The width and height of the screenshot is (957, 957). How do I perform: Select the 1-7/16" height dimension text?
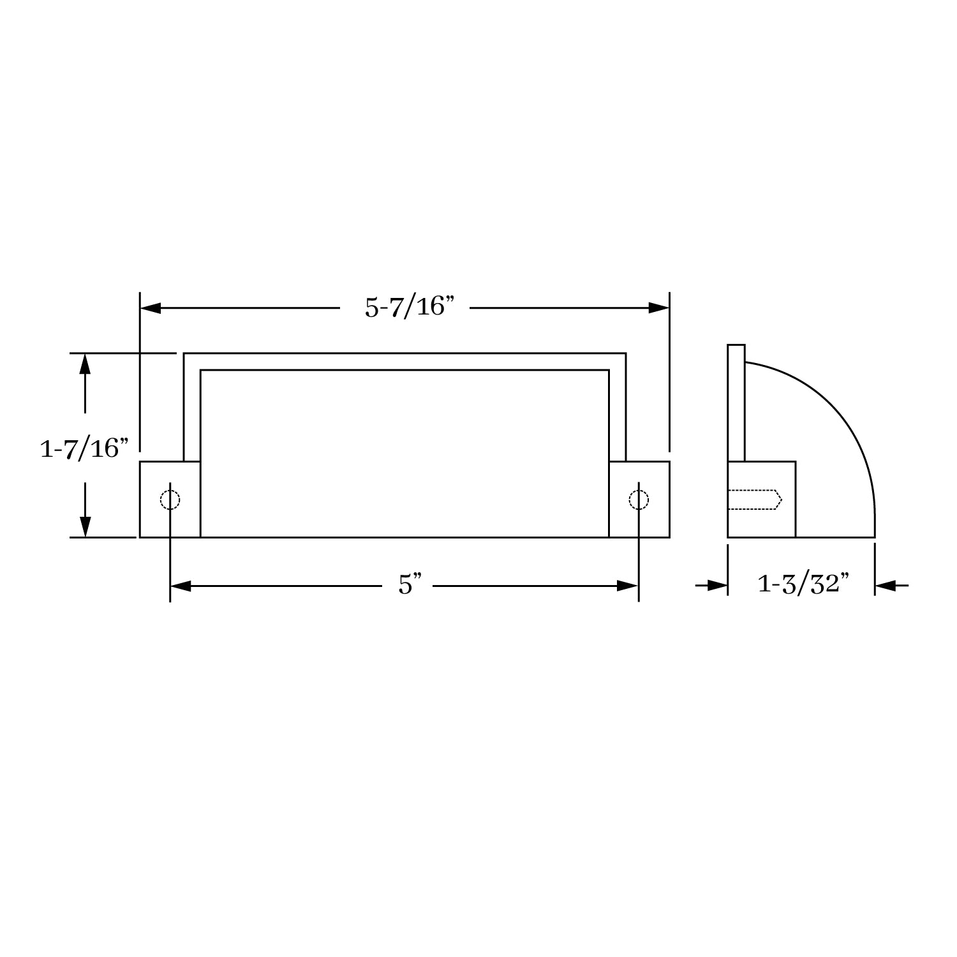pyautogui.click(x=80, y=449)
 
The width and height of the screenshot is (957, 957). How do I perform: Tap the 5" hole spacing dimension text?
pyautogui.click(x=410, y=585)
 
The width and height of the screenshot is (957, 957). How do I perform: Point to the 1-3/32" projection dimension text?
pyautogui.click(x=803, y=584)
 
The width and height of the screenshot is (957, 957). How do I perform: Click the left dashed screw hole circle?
pyautogui.click(x=170, y=500)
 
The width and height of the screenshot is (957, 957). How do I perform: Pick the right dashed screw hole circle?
pyautogui.click(x=639, y=500)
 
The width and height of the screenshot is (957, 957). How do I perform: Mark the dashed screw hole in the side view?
pyautogui.click(x=755, y=500)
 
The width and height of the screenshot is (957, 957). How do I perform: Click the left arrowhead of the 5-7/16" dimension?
pyautogui.click(x=151, y=308)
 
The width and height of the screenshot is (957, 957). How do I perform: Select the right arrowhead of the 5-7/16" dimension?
pyautogui.click(x=658, y=308)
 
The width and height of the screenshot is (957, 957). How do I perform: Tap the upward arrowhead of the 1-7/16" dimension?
pyautogui.click(x=85, y=364)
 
